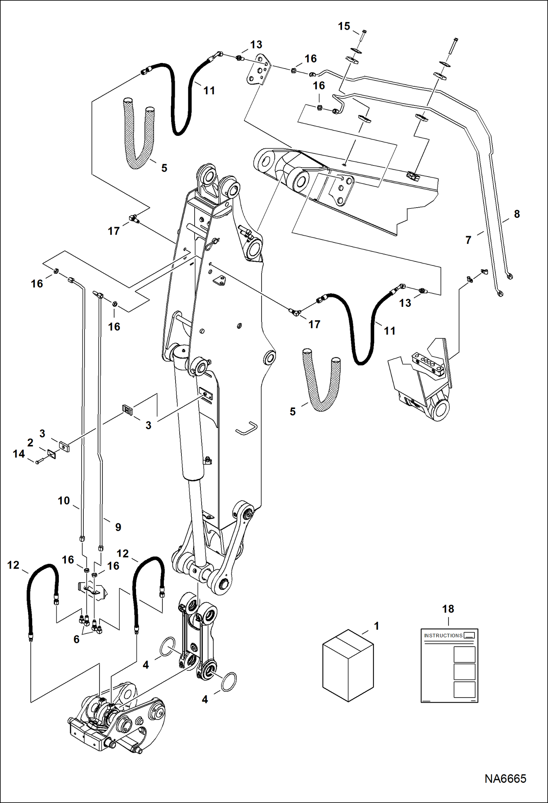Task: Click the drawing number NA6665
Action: pos(505,779)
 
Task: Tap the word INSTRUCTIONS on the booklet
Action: pos(443,635)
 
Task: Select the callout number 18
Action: pos(448,609)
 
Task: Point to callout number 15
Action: pos(344,26)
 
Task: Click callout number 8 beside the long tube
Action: pos(517,214)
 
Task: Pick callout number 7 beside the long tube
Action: pos(468,240)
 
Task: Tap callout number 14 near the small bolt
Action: pos(19,454)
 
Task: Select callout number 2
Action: pos(30,442)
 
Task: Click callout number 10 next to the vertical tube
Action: pos(64,500)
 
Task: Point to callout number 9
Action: pos(118,527)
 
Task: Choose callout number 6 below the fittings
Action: pos(76,639)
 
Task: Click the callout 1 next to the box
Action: pos(376,626)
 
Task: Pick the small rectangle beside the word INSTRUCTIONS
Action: pos(469,635)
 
